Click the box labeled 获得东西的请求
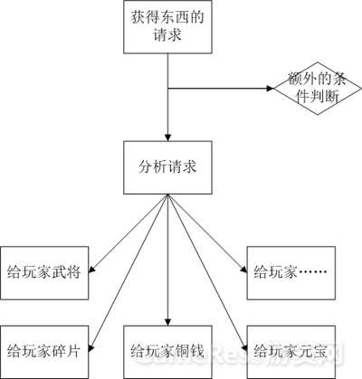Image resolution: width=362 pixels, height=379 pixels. pos(167,27)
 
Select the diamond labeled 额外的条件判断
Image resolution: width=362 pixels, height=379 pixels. pos(317,89)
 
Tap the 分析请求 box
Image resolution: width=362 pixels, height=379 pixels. pos(167,167)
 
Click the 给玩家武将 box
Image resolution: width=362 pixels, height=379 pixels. pos(44,273)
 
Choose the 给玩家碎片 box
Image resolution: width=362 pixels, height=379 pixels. pos(44,352)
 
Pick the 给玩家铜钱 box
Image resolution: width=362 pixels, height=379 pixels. pos(167,352)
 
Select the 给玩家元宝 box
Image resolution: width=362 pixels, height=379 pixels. pos(291,352)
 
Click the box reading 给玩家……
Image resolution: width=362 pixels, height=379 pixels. pos(291,273)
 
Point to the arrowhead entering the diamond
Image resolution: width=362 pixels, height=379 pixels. pos(270,89)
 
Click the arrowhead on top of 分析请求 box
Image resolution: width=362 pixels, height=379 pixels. pos(167,137)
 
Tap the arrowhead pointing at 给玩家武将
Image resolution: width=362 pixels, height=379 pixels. pos(92,270)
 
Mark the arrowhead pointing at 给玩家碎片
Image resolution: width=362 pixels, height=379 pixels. pos(92,348)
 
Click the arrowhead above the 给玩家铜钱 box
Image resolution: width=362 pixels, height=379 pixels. pos(167,321)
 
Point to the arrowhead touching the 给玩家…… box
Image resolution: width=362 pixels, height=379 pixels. pos(243,270)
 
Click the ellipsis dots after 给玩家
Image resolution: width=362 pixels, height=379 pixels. pos(313,272)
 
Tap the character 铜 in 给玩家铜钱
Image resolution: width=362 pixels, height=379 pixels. pos(182,351)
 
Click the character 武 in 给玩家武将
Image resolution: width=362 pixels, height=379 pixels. pos(59,272)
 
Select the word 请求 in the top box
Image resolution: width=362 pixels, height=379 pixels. pos(167,34)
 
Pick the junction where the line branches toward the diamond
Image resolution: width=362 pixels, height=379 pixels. pos(167,89)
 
